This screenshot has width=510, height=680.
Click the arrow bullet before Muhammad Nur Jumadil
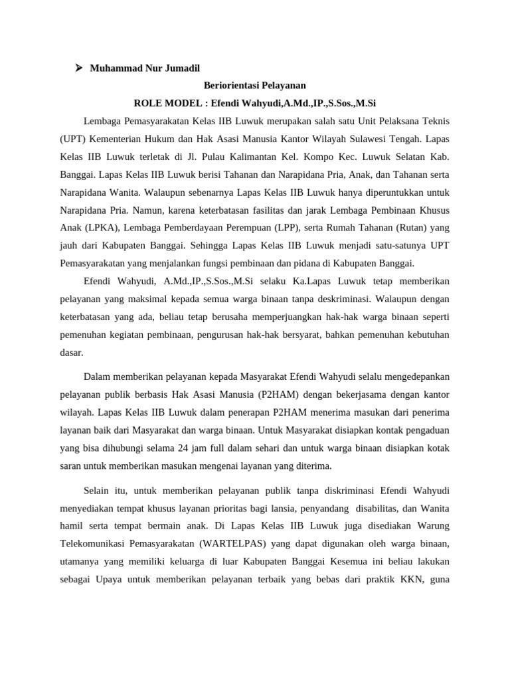[78, 68]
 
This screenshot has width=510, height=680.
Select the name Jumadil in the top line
[181, 68]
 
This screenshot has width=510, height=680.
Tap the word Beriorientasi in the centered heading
[229, 86]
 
